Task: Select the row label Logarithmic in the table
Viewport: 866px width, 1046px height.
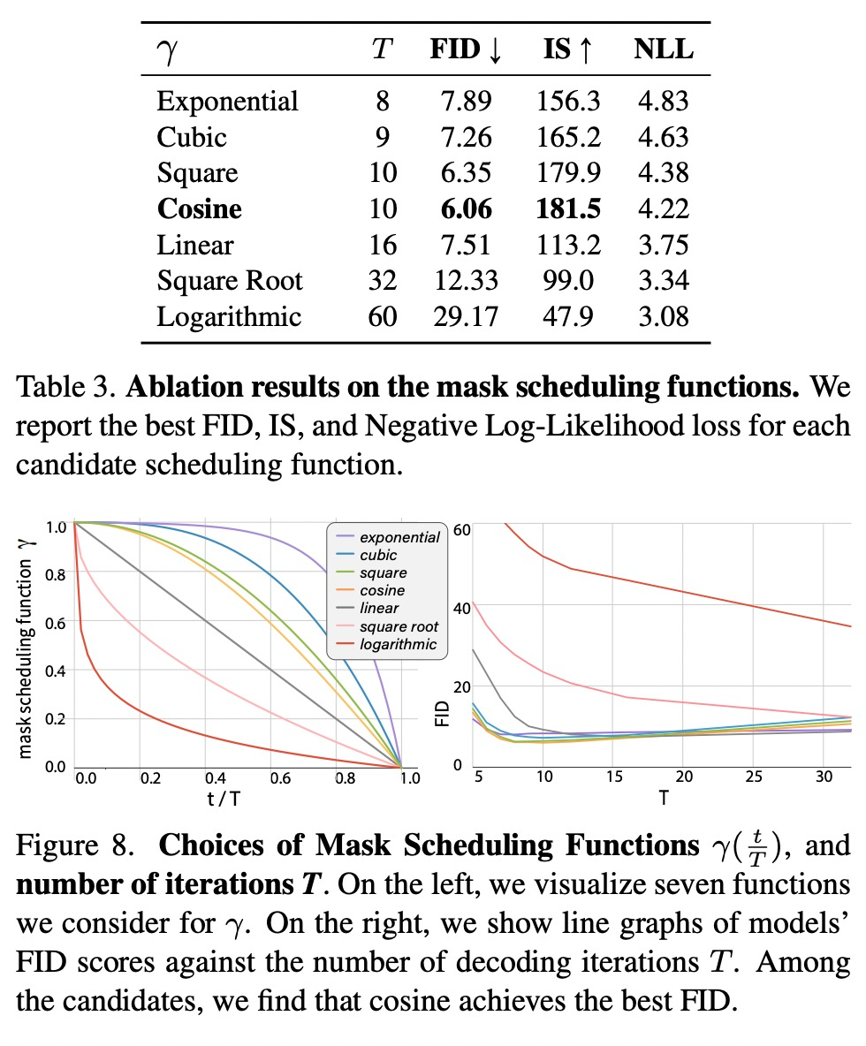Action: coord(229,316)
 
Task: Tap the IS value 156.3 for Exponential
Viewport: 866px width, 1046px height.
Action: coord(568,101)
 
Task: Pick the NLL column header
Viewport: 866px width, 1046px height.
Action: coord(664,49)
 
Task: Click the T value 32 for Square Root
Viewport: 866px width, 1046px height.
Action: coord(383,281)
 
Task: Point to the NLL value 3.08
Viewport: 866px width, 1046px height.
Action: coord(663,316)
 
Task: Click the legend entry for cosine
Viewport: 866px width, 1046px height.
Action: coord(383,590)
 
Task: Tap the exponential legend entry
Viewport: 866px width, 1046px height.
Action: coord(399,537)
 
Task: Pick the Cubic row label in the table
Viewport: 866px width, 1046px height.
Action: coord(192,137)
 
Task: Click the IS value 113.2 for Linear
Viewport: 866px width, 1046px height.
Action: coord(568,245)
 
